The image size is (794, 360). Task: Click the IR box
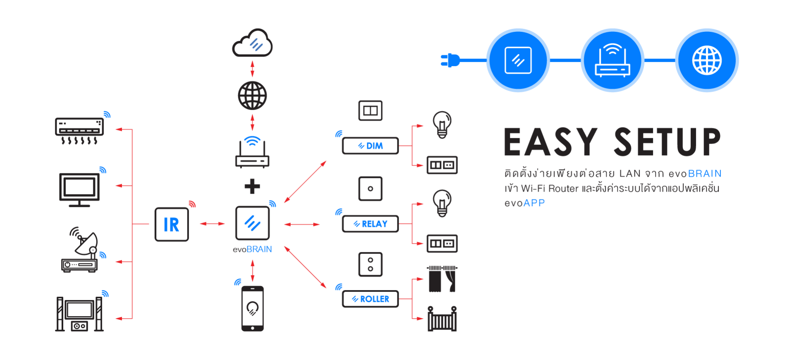point(171,224)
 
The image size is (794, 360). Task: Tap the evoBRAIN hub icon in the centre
point(252,223)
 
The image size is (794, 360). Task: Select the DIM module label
point(371,146)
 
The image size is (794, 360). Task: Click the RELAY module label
point(371,224)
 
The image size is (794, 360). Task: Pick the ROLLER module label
point(371,299)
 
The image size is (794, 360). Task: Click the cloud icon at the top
point(252,43)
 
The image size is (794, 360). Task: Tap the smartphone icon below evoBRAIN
point(252,308)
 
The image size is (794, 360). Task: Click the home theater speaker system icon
point(79,314)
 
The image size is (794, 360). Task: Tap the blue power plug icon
point(450,60)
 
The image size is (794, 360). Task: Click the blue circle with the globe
point(707,60)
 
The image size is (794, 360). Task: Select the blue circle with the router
point(612,60)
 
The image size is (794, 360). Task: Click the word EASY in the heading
point(551,142)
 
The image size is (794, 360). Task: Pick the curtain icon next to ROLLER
point(442,279)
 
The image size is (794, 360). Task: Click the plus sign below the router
point(252,186)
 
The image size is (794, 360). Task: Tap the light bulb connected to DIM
point(442,124)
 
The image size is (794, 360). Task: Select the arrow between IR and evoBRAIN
point(212,224)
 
